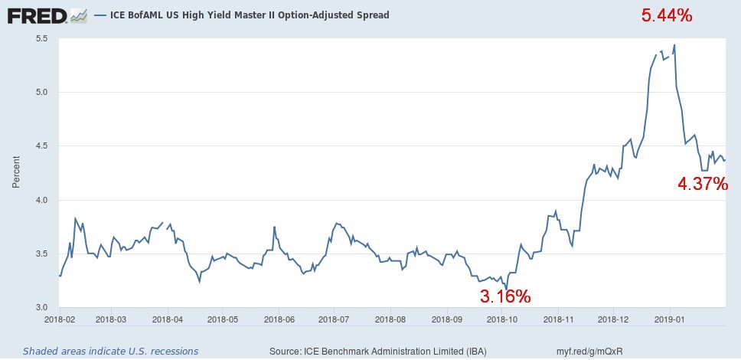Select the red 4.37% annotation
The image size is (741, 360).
[703, 183]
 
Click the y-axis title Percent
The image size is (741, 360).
[16, 173]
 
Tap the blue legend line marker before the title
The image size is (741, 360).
[100, 15]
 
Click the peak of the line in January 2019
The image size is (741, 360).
[674, 45]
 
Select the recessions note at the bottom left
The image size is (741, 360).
[110, 351]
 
